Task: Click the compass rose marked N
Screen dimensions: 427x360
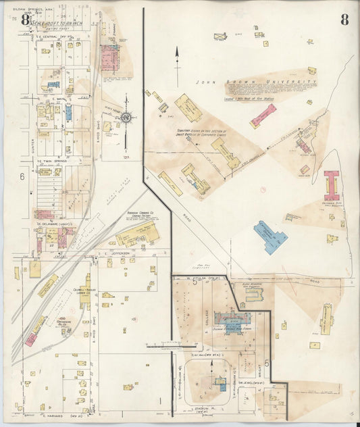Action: click(x=126, y=118)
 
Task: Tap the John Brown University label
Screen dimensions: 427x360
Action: click(x=256, y=82)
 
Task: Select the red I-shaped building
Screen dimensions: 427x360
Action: click(x=332, y=184)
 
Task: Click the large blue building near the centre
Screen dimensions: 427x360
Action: click(x=270, y=236)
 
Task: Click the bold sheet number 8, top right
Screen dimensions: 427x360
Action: click(x=344, y=19)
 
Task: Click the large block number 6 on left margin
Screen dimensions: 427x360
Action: click(x=22, y=176)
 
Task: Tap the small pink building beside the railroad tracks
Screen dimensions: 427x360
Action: click(x=31, y=338)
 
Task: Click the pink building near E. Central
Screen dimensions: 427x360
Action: click(x=110, y=58)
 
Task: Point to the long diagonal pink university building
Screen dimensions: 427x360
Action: click(x=263, y=116)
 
